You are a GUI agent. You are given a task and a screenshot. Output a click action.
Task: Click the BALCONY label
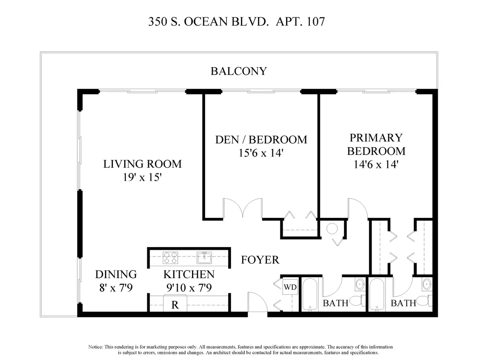(238, 71)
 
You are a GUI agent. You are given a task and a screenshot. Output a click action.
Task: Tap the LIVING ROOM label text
(142, 164)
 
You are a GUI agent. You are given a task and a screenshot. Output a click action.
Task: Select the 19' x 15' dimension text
(142, 177)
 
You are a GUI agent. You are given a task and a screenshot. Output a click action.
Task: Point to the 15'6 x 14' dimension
(261, 153)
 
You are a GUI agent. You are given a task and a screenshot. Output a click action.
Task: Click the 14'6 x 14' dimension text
(376, 164)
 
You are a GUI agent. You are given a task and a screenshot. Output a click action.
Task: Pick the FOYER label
(260, 260)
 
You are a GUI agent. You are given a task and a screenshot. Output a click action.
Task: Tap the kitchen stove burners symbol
(170, 258)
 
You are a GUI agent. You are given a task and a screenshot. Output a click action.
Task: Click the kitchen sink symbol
(204, 258)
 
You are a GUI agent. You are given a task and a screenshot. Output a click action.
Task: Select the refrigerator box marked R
(175, 304)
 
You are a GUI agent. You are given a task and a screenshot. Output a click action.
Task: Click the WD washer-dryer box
(290, 287)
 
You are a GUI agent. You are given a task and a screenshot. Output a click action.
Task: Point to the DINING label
(116, 274)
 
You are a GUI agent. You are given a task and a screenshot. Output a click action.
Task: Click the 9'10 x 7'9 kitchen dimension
(189, 287)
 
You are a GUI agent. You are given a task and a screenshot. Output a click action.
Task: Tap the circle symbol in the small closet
(332, 229)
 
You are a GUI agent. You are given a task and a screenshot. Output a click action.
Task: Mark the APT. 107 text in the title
(300, 22)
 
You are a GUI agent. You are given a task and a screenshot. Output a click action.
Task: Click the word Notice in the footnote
(96, 347)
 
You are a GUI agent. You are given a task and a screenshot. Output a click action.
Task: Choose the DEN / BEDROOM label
(261, 139)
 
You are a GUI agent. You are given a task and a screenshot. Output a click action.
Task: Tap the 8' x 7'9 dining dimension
(116, 287)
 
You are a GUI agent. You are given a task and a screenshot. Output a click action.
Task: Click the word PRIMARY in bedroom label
(376, 138)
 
